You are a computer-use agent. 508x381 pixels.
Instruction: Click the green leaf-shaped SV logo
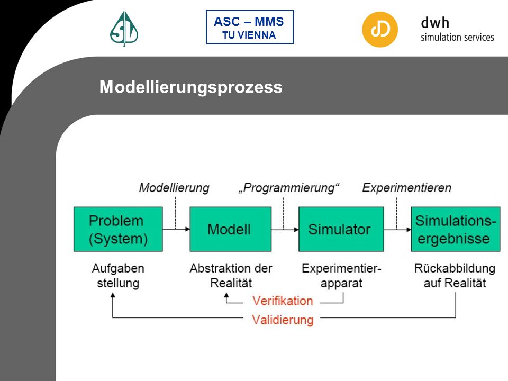124,29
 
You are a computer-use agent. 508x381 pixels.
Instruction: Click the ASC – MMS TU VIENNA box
249,27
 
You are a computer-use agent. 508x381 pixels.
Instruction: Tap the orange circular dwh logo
380,30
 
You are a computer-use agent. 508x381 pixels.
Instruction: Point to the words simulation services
457,37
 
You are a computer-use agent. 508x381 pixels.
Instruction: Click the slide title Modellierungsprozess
191,87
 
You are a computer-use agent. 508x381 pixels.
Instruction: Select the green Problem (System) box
118,229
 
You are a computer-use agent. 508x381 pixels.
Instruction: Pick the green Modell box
230,229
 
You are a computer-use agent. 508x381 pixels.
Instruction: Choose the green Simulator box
341,229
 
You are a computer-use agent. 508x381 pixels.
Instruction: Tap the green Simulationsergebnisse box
456,229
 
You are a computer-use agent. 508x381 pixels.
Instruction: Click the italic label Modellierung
174,188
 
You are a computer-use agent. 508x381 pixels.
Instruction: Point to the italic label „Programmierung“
289,188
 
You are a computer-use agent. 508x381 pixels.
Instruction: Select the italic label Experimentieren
406,188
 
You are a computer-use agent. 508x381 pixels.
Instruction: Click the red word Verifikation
283,301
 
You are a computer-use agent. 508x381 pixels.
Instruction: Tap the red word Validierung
283,320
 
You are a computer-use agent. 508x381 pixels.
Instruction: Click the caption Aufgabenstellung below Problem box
118,276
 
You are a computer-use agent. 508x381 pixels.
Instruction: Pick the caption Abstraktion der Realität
231,276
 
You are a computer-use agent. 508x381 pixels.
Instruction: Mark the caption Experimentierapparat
341,276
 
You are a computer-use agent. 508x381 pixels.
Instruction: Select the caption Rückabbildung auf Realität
455,276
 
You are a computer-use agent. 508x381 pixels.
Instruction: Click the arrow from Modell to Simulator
285,229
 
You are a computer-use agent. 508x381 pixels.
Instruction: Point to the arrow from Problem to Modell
176,229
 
